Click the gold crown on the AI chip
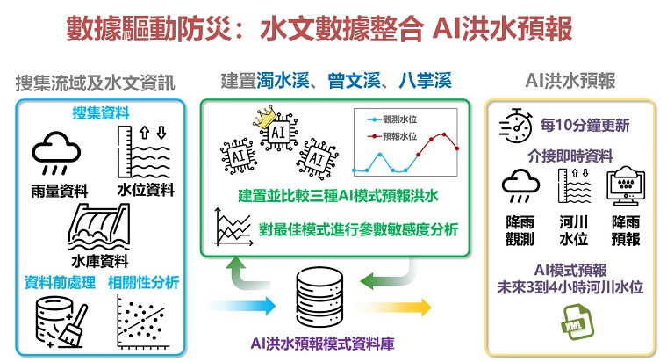coord(264,118)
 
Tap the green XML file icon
coord(577,322)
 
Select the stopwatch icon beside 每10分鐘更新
coord(515,126)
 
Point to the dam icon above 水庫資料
coord(99,227)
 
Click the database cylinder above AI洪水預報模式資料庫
coord(319,297)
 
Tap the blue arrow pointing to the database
coord(242,306)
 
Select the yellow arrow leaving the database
coord(393,307)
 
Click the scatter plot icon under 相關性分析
coord(142,322)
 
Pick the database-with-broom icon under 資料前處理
coord(61,322)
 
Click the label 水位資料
coord(146,190)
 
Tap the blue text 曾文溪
coord(354,81)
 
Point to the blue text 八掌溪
coord(425,81)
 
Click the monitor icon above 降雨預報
coord(626,185)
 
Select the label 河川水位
coord(573,230)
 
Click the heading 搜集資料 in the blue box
coord(101,112)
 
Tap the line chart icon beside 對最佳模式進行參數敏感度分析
coord(233,227)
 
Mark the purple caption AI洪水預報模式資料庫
coord(322,344)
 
